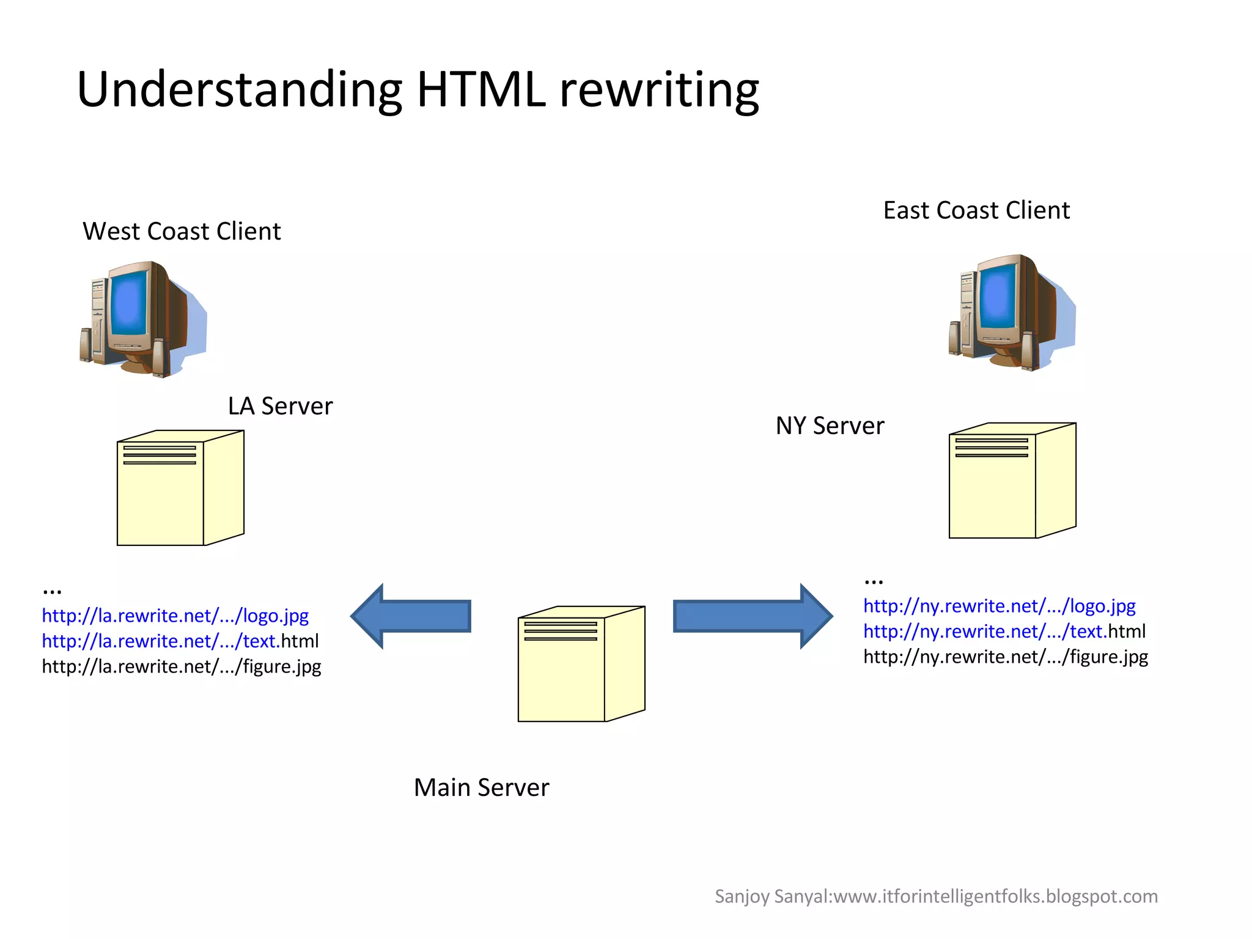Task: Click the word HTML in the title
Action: [x=481, y=90]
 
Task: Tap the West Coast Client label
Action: [x=182, y=232]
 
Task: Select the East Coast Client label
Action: [x=976, y=210]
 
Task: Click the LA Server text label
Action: [x=280, y=407]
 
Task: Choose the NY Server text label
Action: [x=830, y=426]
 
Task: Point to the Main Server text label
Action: [x=481, y=787]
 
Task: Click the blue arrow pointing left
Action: [x=413, y=616]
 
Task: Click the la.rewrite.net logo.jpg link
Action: [x=175, y=616]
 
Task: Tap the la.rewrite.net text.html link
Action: [x=180, y=641]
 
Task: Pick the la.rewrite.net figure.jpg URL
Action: [x=181, y=666]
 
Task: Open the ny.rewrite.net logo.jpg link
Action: [x=999, y=606]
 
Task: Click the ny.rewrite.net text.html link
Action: [x=1004, y=632]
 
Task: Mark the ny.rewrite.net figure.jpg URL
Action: [x=1005, y=657]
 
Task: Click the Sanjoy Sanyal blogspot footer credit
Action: [x=936, y=897]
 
